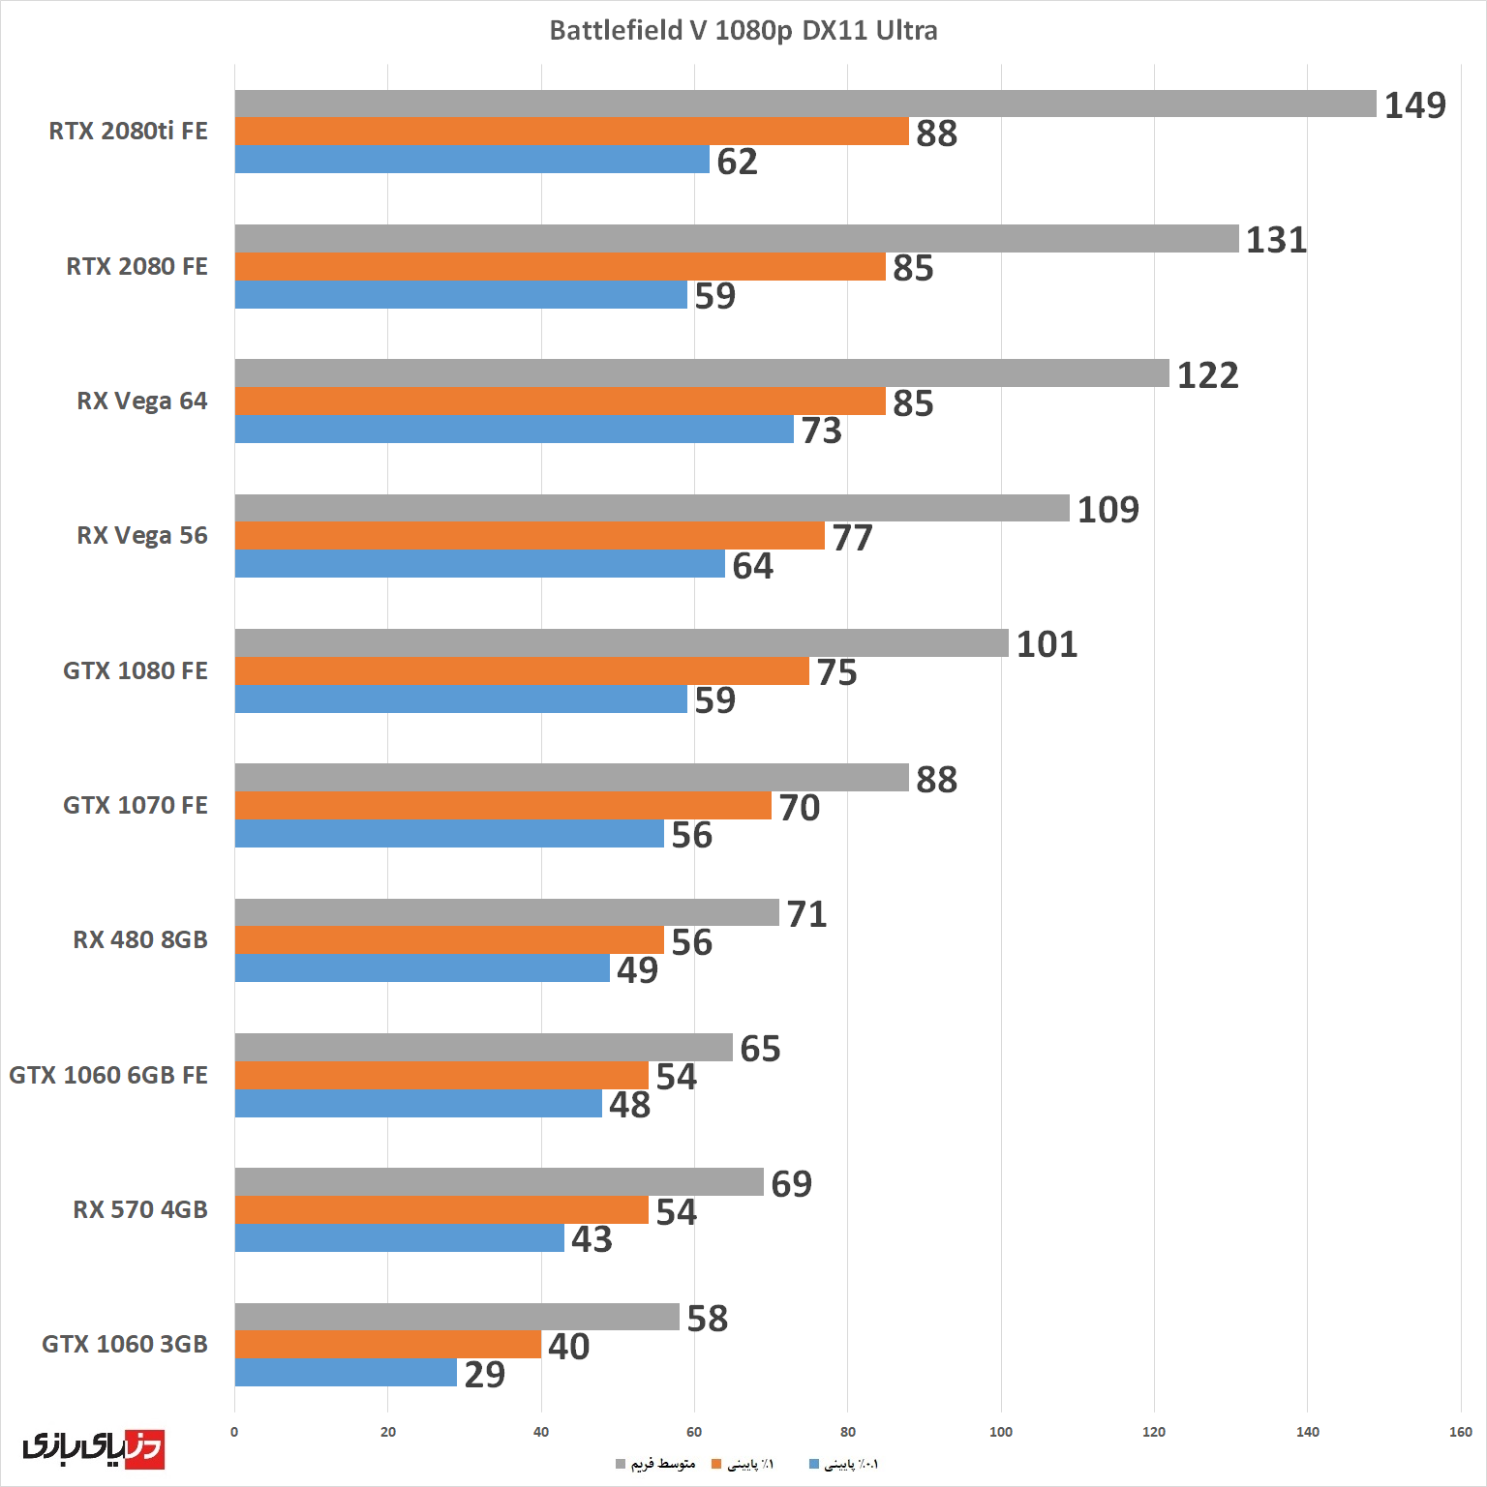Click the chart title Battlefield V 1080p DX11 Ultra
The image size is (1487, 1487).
click(x=743, y=31)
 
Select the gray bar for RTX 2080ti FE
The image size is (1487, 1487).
click(x=804, y=104)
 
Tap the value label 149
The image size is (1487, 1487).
click(x=1414, y=104)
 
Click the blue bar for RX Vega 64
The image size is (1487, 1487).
click(x=514, y=430)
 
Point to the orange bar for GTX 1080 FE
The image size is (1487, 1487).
click(x=522, y=671)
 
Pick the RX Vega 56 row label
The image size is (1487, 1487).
click(x=142, y=536)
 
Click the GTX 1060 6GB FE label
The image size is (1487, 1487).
click(x=108, y=1075)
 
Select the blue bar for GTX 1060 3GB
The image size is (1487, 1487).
click(x=346, y=1373)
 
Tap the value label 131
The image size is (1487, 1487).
click(x=1276, y=240)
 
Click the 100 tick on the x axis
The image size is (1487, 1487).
click(x=1001, y=1432)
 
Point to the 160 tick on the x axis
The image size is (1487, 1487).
click(x=1461, y=1432)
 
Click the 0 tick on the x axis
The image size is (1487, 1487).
click(x=234, y=1432)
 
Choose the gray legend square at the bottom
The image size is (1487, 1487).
click(x=621, y=1464)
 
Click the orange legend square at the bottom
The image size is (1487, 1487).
click(x=717, y=1464)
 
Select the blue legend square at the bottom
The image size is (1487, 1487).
click(x=814, y=1464)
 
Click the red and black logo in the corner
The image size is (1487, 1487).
click(x=93, y=1447)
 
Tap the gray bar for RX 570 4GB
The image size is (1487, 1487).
click(x=499, y=1182)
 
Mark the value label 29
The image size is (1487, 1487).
click(x=484, y=1375)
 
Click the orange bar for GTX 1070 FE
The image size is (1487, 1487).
click(x=502, y=806)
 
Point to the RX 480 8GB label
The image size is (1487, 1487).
click(x=140, y=940)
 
